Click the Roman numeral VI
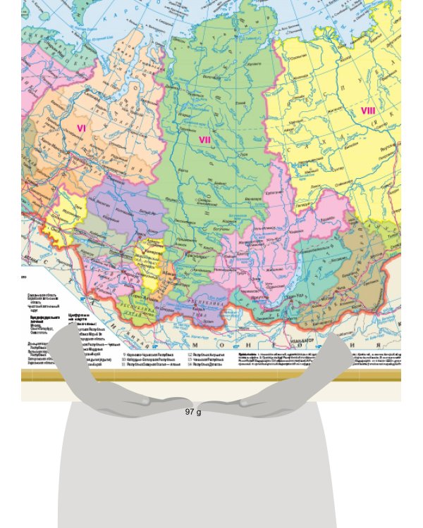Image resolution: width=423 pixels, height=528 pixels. coord(81,128)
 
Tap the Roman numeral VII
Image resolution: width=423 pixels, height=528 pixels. coord(205,139)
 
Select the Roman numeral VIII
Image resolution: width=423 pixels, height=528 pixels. coord(368,111)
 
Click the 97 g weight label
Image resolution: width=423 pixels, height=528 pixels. coord(193,411)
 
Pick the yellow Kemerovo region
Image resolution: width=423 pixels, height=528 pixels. coord(152,264)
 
